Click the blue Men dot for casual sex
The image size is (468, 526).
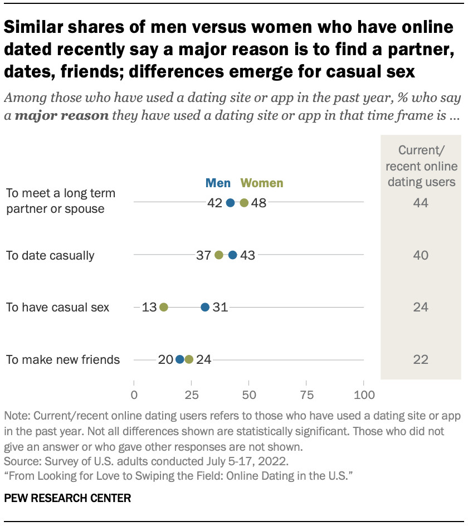pyautogui.click(x=205, y=307)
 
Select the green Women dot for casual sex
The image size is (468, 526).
pyautogui.click(x=164, y=307)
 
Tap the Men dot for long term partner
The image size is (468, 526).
pyautogui.click(x=231, y=203)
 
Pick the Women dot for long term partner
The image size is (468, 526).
pyautogui.click(x=244, y=203)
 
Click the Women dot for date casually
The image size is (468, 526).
pyautogui.click(x=219, y=255)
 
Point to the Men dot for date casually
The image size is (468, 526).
pyautogui.click(x=233, y=255)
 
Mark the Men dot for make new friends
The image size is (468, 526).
pyautogui.click(x=180, y=359)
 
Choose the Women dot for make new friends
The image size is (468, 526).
pyautogui.click(x=189, y=359)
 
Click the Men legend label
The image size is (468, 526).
pyautogui.click(x=219, y=183)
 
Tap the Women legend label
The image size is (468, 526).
pyautogui.click(x=261, y=183)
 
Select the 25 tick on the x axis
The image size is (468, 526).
pyautogui.click(x=191, y=395)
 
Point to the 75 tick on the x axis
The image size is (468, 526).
pyautogui.click(x=306, y=395)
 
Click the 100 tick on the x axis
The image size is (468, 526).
pyautogui.click(x=363, y=395)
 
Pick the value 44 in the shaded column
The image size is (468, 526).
pyautogui.click(x=421, y=203)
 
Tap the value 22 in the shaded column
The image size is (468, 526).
pyautogui.click(x=421, y=360)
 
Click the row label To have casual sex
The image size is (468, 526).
pyautogui.click(x=57, y=307)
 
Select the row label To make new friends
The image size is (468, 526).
pyautogui.click(x=63, y=359)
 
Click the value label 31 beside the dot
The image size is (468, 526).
pyautogui.click(x=221, y=307)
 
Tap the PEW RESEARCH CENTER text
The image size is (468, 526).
pyautogui.click(x=67, y=498)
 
